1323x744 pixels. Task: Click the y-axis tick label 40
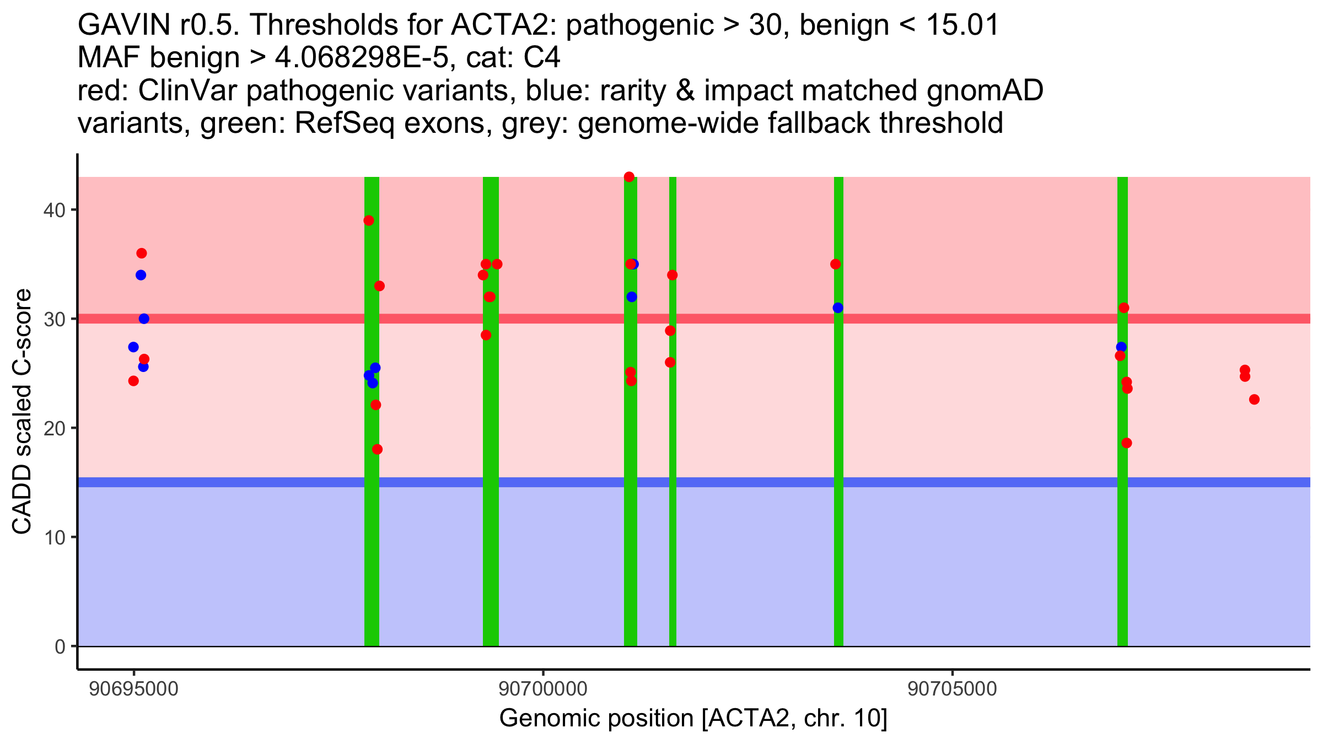pyautogui.click(x=53, y=210)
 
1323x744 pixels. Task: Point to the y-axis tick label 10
pyautogui.click(x=53, y=537)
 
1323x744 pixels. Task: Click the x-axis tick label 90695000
pyautogui.click(x=133, y=689)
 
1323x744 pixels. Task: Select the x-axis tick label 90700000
pyautogui.click(x=543, y=689)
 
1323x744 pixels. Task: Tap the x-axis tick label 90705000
pyautogui.click(x=952, y=689)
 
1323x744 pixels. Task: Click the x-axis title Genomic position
pyautogui.click(x=693, y=719)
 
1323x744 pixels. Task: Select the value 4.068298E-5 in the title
pyautogui.click(x=362, y=58)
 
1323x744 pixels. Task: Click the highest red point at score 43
pyautogui.click(x=629, y=177)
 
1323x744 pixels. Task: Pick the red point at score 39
pyautogui.click(x=369, y=220)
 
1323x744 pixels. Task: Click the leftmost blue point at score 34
pyautogui.click(x=141, y=275)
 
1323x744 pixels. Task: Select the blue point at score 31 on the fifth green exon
pyautogui.click(x=838, y=308)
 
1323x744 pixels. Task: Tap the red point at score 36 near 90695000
pyautogui.click(x=141, y=254)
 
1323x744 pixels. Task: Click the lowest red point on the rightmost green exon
pyautogui.click(x=1126, y=443)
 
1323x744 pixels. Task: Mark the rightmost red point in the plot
pyautogui.click(x=1254, y=400)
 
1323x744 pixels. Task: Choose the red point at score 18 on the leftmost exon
pyautogui.click(x=377, y=449)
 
